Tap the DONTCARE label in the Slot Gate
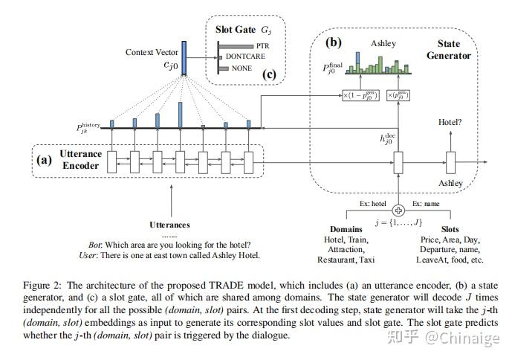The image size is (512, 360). [246, 57]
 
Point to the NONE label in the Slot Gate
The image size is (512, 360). [242, 68]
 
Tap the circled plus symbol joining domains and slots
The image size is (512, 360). [398, 209]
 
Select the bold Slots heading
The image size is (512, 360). [450, 228]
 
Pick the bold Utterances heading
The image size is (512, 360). [170, 224]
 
